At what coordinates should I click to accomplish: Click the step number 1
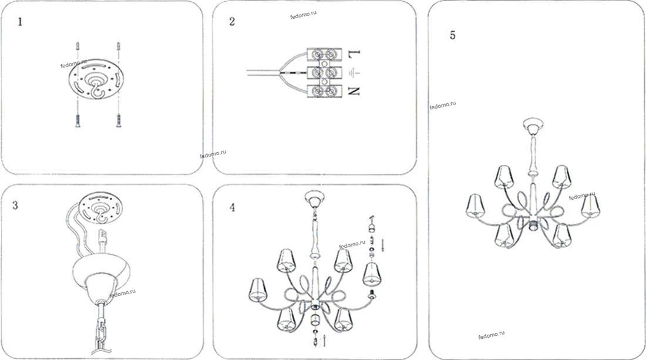(x=20, y=22)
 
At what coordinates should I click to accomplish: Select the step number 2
(x=232, y=21)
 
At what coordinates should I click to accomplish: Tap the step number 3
(x=15, y=205)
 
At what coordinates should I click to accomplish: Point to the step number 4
(x=233, y=207)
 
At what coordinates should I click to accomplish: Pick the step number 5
(x=453, y=35)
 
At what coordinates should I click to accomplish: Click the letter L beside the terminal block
(x=354, y=53)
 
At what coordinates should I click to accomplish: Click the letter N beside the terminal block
(x=354, y=91)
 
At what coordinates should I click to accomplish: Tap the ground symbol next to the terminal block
(x=353, y=73)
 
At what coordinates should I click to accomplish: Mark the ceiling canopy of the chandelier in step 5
(x=533, y=126)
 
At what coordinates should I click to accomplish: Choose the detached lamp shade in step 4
(x=372, y=274)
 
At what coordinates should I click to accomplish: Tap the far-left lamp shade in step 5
(x=475, y=206)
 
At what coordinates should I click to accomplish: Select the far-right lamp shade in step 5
(x=590, y=206)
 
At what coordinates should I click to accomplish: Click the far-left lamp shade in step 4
(x=258, y=290)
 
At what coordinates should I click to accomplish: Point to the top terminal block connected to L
(x=324, y=54)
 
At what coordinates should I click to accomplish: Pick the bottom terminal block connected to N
(x=324, y=90)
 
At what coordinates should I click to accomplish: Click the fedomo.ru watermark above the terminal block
(x=303, y=15)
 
